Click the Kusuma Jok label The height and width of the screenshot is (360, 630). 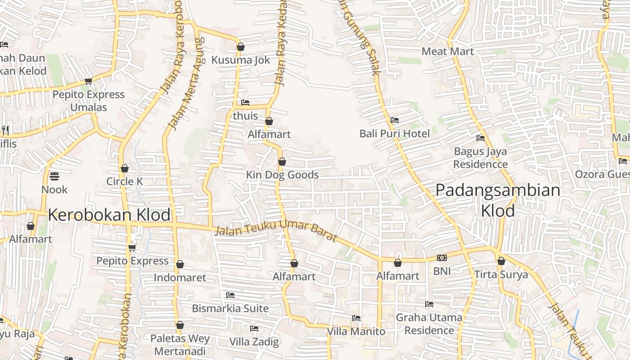tap(241, 60)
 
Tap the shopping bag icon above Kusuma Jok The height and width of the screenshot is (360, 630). tap(241, 47)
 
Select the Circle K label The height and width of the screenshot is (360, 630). tap(125, 181)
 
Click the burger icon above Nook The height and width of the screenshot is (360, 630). tap(54, 176)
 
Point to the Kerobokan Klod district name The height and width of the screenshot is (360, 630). tap(109, 215)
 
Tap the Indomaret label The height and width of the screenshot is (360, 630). tap(180, 278)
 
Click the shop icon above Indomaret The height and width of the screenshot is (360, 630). tap(180, 264)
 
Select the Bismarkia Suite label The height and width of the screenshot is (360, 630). tap(230, 308)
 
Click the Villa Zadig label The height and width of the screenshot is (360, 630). tap(254, 342)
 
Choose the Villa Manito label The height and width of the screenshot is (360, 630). tap(356, 332)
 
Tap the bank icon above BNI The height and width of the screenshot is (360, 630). tap(442, 258)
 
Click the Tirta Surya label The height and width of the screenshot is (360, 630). tap(501, 274)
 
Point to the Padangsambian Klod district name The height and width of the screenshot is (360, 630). tap(498, 200)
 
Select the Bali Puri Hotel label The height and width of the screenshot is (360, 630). tap(395, 134)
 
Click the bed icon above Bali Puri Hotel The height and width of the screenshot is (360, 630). tap(395, 120)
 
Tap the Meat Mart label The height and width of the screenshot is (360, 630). tap(448, 51)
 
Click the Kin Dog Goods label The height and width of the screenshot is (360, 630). tap(282, 175)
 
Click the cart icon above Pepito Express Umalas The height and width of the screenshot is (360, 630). tap(88, 81)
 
